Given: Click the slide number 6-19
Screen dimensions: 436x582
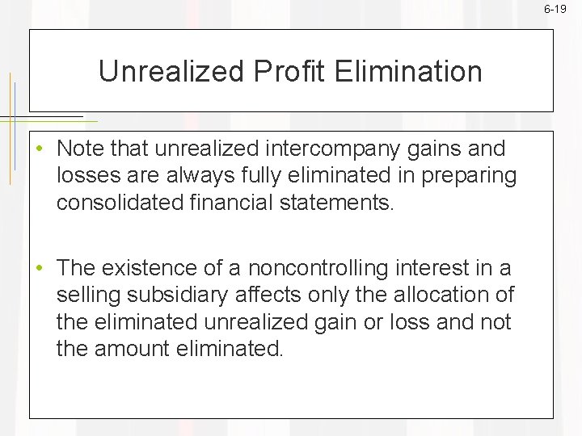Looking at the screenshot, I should point(555,9).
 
